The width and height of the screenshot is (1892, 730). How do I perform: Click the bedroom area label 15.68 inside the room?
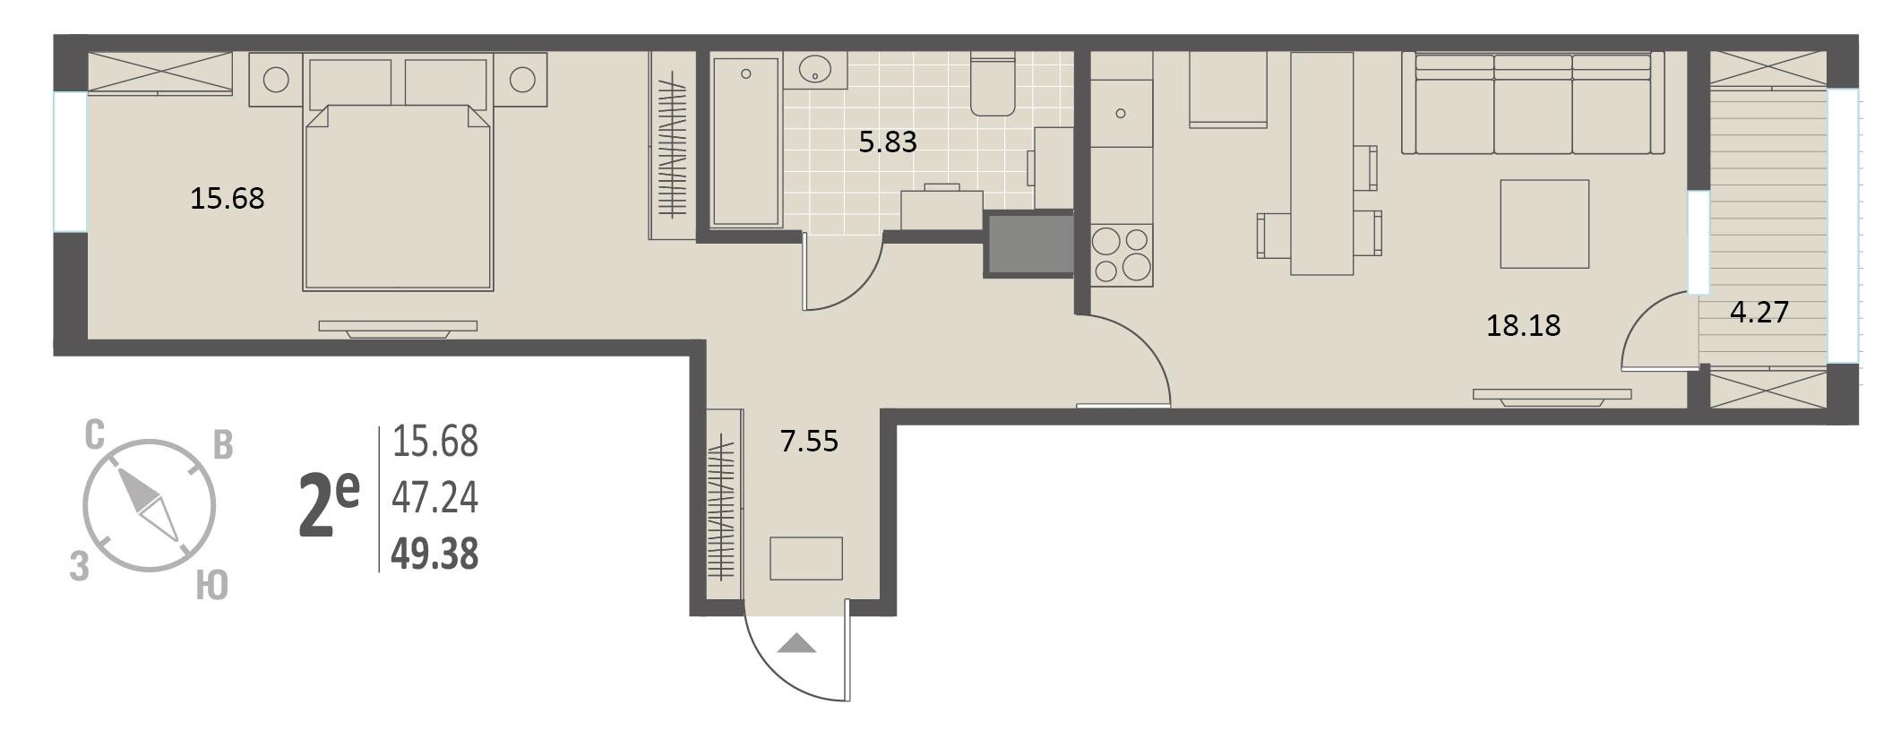(228, 198)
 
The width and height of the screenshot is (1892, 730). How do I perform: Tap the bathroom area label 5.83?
(888, 142)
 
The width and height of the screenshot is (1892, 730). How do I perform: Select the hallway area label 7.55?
(809, 441)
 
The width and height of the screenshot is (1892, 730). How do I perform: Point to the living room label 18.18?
(1524, 325)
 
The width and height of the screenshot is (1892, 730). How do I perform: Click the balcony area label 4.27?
(1759, 312)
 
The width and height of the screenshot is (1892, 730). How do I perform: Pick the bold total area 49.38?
(435, 554)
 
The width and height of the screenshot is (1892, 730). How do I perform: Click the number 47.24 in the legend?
(435, 498)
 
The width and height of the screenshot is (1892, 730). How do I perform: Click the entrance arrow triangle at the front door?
(796, 643)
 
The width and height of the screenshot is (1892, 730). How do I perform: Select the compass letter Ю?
(211, 586)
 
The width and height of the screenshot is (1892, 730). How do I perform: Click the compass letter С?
(95, 435)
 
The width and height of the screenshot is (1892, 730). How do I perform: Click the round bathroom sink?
(814, 70)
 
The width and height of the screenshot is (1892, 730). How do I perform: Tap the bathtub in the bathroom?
(745, 141)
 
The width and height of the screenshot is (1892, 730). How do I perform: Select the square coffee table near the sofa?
(1544, 224)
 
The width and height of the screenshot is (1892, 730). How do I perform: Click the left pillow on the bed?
(350, 83)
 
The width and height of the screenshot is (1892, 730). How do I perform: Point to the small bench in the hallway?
(806, 558)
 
